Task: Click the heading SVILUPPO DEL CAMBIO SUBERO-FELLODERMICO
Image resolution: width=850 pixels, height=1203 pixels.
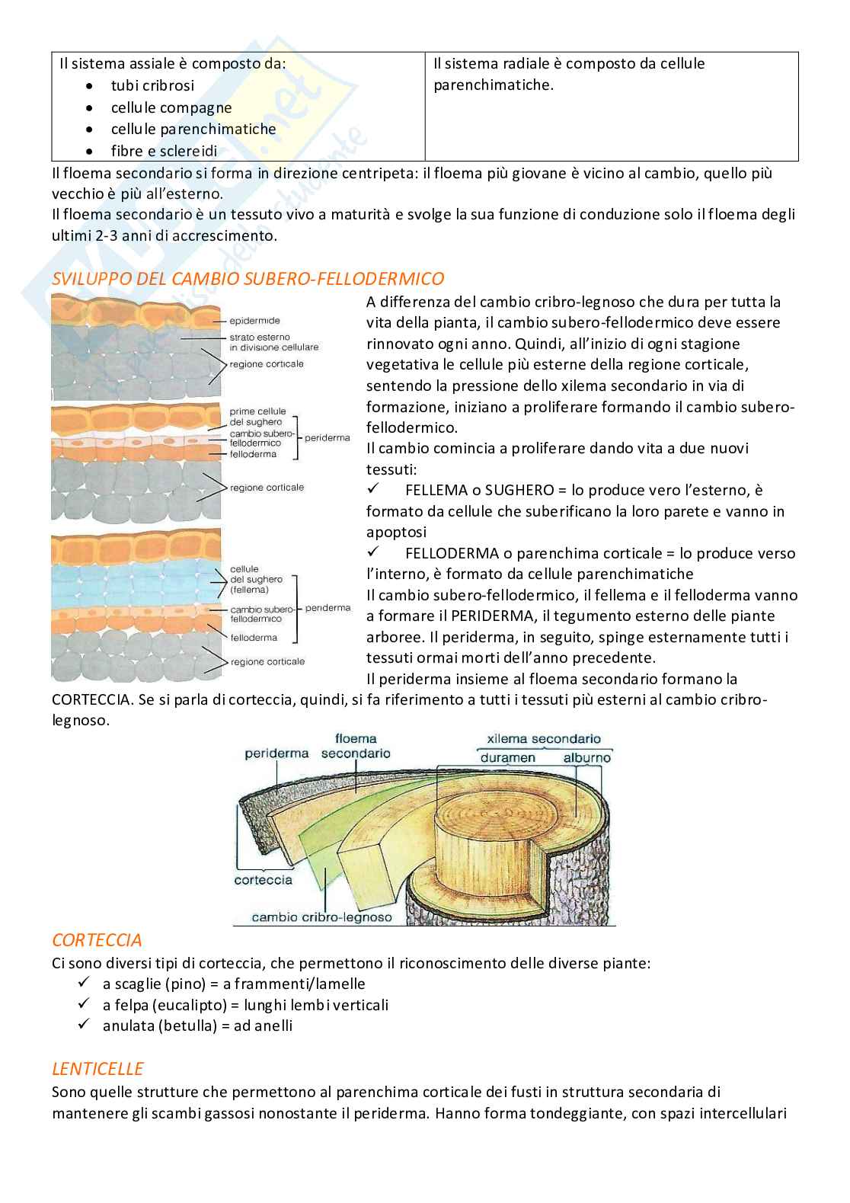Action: pos(248,279)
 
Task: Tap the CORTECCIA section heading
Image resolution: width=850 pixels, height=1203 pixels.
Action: pos(97,940)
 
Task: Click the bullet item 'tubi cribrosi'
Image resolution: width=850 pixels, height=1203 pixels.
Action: pos(152,85)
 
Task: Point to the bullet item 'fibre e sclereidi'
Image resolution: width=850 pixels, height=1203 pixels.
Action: pos(164,151)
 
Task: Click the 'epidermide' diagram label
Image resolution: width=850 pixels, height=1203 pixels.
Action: pos(254,321)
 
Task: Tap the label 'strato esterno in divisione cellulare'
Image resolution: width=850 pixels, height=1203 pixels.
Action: pos(274,342)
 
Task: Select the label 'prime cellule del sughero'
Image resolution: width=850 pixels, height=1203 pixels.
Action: pos(257,416)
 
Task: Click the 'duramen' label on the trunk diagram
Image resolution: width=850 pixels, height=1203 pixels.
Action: pos(507,757)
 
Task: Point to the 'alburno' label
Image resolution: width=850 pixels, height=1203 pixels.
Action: pos(587,757)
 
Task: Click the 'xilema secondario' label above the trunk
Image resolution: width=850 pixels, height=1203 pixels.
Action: pos(543,738)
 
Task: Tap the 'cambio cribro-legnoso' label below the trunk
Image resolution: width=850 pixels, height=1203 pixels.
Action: pos(321,917)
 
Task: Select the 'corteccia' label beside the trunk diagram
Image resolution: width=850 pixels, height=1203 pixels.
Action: pos(263,880)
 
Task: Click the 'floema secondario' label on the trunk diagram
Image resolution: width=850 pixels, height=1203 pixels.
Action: pos(356,746)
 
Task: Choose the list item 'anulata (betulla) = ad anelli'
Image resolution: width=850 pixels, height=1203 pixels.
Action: pos(197,1025)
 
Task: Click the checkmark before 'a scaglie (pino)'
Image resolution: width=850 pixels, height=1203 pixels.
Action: pos(84,982)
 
